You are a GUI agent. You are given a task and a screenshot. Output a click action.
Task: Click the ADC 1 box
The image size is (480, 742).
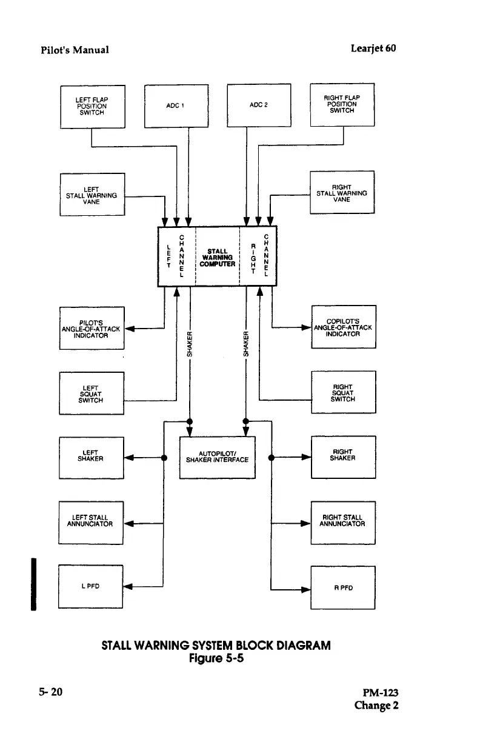tap(176, 105)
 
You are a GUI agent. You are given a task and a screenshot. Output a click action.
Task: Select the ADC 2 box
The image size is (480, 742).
tap(259, 105)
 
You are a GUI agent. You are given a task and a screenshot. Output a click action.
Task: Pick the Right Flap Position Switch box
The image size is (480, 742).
tap(342, 104)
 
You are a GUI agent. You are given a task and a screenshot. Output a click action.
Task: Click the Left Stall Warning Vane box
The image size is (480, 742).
tap(92, 195)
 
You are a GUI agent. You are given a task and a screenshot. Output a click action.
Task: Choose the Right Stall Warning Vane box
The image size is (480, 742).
tap(342, 193)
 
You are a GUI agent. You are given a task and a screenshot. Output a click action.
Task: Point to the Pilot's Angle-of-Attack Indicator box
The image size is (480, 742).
tap(92, 329)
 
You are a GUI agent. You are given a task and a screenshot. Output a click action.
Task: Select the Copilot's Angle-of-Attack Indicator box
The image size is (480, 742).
tap(343, 327)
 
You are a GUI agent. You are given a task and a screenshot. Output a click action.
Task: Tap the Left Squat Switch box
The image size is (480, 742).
tap(92, 393)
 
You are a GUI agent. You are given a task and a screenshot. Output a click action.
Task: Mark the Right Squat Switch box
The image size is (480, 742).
tap(343, 392)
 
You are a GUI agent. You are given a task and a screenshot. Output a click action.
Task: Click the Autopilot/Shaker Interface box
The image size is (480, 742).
tap(218, 457)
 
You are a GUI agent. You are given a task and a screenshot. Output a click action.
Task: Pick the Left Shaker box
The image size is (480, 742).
tap(91, 458)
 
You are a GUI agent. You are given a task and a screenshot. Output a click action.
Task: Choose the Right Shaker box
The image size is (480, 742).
tap(343, 457)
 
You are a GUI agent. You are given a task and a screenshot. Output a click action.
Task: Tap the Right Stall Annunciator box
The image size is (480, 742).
tap(343, 522)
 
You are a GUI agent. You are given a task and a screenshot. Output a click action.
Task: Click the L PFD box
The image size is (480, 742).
tap(90, 586)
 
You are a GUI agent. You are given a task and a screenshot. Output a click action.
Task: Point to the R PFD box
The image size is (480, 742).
tap(343, 587)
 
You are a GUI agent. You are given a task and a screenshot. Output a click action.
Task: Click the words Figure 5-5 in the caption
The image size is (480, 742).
tap(216, 658)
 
